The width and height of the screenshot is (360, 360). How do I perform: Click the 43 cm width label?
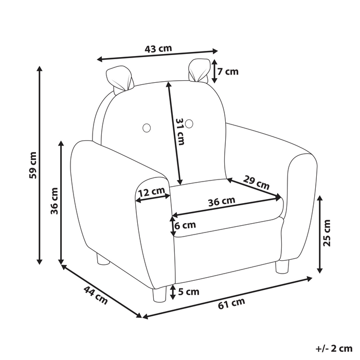point(158,49)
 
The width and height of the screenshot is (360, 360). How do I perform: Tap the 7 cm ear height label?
point(227,71)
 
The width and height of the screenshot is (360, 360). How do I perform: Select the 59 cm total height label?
point(32,166)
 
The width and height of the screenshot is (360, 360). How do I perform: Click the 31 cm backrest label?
point(179,132)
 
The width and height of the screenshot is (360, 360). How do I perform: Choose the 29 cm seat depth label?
point(256,183)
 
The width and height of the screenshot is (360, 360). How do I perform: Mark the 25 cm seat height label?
point(327,233)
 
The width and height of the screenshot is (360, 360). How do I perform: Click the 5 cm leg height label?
point(188,292)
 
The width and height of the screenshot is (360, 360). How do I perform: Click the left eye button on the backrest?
point(147,127)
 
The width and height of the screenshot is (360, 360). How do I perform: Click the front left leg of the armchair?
point(157,295)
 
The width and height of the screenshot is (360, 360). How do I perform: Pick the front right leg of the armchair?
point(282,266)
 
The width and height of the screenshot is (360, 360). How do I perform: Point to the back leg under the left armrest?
point(101,260)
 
